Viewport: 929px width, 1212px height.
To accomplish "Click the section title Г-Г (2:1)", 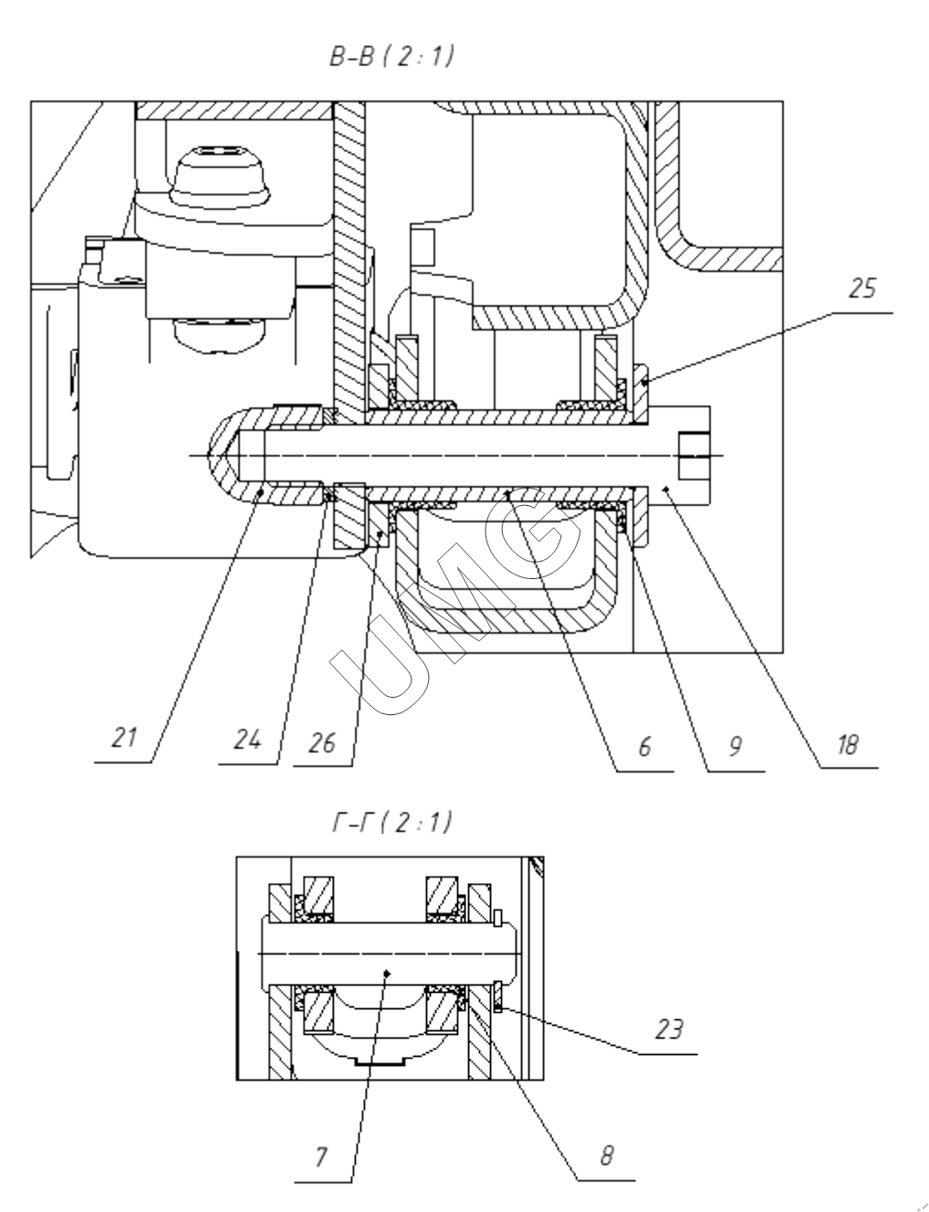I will coord(391,823).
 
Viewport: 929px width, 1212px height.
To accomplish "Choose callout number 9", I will coord(734,746).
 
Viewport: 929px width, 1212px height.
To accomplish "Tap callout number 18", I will coord(848,746).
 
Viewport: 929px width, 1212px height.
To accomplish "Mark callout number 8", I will coord(605,1155).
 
